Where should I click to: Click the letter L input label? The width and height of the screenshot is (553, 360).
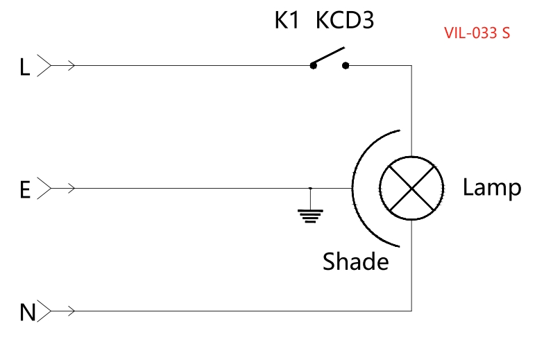click(25, 67)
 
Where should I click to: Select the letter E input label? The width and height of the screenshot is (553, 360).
click(25, 189)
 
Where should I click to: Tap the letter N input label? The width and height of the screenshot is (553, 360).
click(27, 313)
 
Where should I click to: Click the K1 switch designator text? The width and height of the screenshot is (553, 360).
click(287, 22)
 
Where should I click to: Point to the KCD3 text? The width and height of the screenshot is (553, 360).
click(345, 22)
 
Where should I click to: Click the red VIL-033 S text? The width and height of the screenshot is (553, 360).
click(477, 33)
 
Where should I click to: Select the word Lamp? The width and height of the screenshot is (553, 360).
click(491, 187)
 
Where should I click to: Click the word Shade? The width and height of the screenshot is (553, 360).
click(355, 262)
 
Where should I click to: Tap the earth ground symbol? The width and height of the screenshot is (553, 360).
click(310, 215)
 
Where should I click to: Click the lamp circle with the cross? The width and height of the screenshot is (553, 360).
click(411, 188)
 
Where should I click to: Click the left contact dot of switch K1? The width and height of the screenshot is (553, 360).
click(314, 66)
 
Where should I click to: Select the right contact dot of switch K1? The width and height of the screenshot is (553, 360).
click(346, 66)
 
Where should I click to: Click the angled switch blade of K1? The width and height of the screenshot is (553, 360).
click(327, 56)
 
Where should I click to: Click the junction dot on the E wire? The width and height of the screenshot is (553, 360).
click(310, 188)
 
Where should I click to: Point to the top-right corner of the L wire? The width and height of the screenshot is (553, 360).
click(411, 66)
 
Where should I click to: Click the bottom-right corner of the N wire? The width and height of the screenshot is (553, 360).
click(411, 310)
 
